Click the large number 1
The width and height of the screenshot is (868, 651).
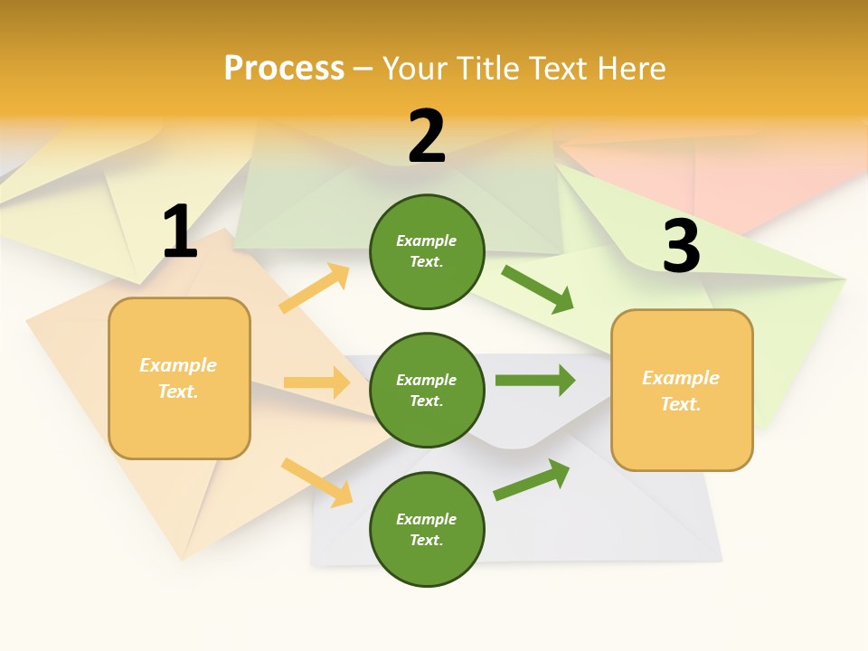tap(180, 232)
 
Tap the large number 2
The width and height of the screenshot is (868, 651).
tap(427, 137)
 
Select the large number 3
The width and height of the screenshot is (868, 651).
tap(682, 247)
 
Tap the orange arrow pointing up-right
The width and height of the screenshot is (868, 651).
tap(315, 288)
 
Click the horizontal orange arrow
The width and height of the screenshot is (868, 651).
tap(316, 382)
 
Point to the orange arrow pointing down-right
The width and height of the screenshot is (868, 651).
tap(316, 482)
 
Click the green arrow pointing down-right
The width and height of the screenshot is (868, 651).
tap(538, 289)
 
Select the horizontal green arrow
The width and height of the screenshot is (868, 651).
tap(534, 380)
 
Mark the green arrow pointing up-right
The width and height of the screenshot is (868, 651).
tap(532, 479)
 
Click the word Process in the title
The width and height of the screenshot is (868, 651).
tap(284, 68)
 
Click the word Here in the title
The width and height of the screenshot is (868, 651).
tap(630, 68)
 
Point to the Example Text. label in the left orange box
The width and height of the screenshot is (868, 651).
tap(178, 378)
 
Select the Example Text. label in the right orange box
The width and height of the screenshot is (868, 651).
tap(681, 391)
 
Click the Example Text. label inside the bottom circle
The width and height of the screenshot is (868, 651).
tap(427, 529)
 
